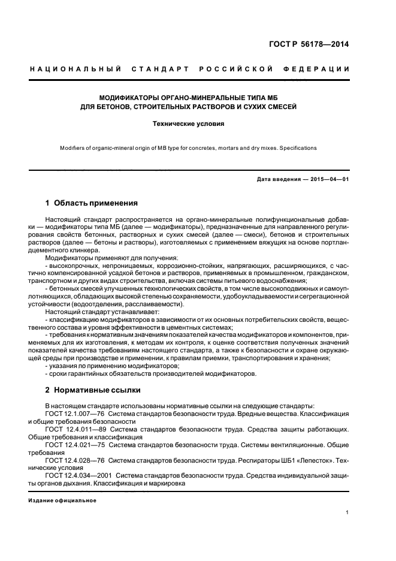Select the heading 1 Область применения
[92, 203]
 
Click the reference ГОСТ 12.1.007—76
[75, 414]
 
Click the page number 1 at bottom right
[348, 512]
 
